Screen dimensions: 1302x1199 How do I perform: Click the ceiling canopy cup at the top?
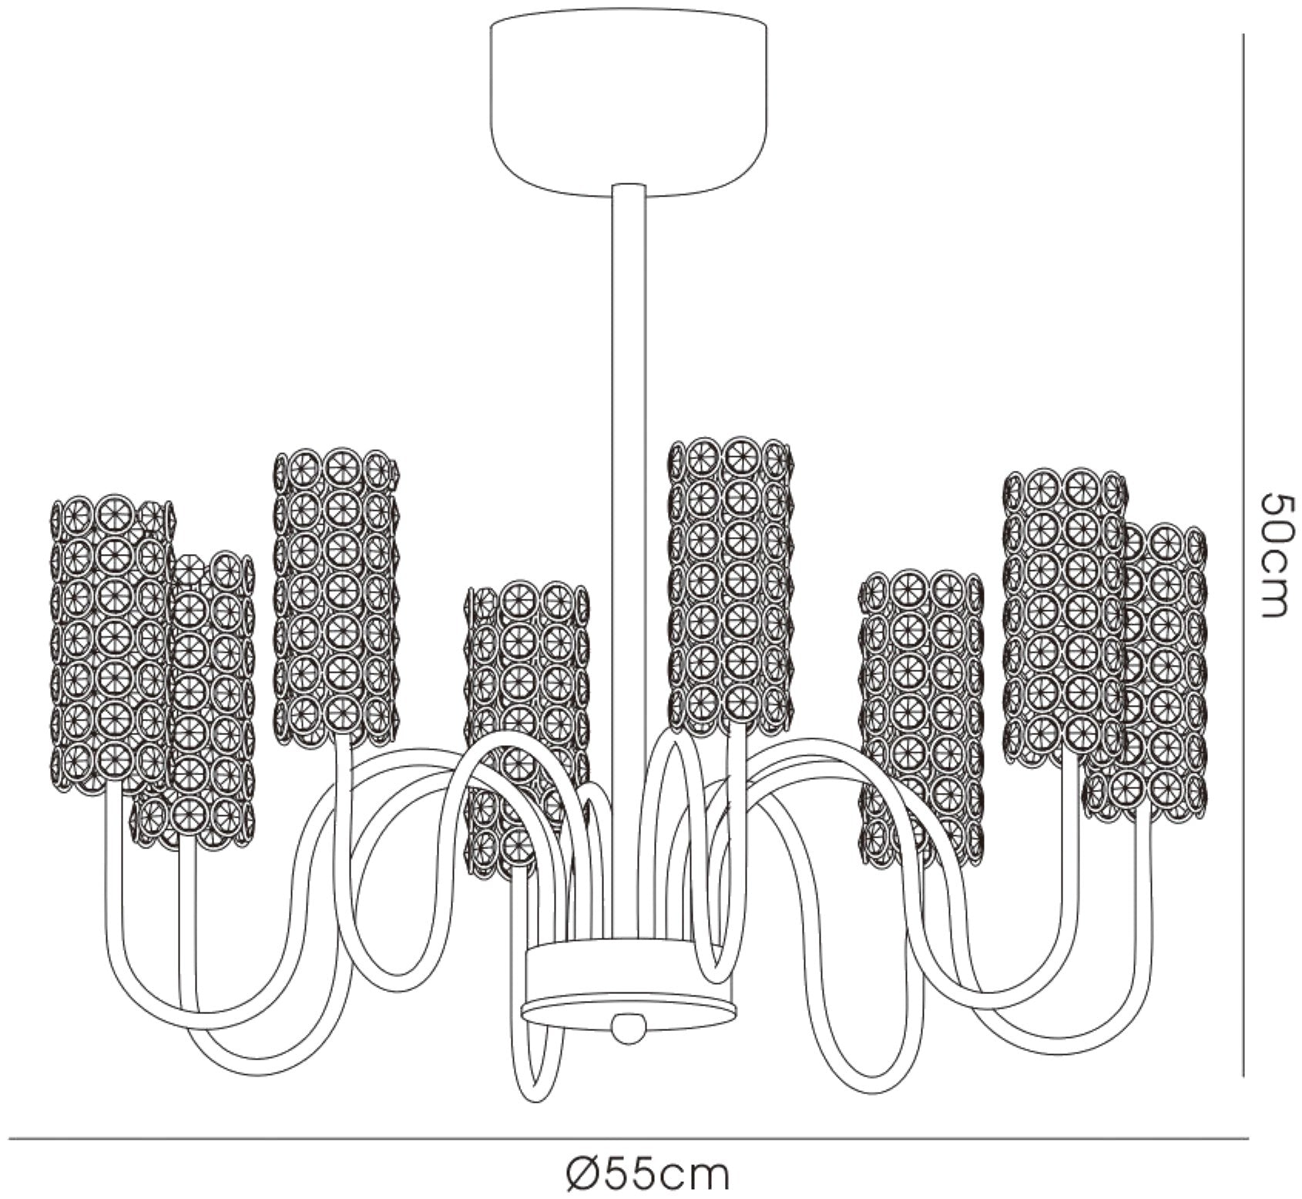coord(629,108)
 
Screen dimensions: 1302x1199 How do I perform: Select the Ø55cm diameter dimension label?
coord(647,1176)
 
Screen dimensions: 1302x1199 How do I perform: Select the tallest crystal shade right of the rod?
coord(730,586)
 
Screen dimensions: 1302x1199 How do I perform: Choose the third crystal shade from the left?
coord(337,597)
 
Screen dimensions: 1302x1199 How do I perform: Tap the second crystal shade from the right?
coord(1064,616)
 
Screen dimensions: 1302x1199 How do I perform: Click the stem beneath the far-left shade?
coord(113,871)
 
